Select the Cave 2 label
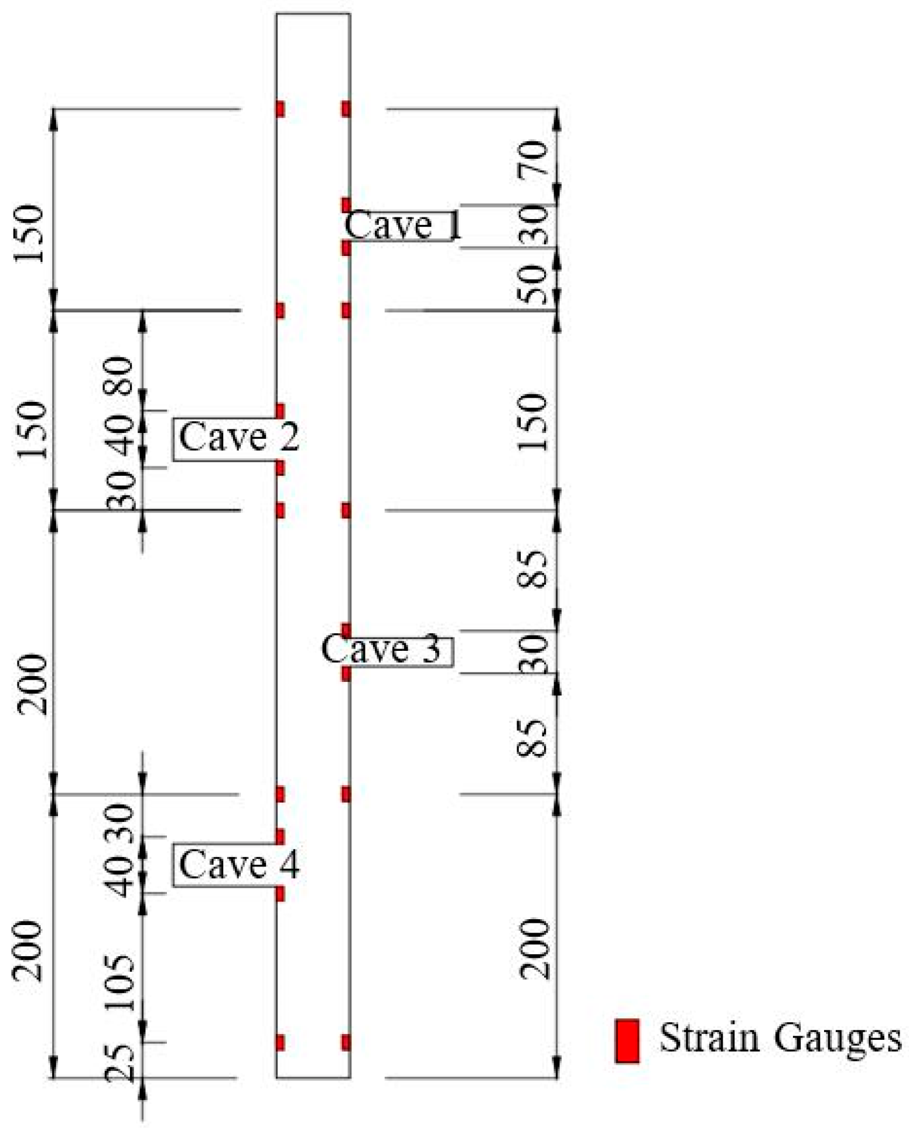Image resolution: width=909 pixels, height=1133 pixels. click(238, 437)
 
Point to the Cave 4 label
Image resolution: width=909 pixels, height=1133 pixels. click(238, 864)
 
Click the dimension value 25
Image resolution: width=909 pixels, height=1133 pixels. click(120, 1063)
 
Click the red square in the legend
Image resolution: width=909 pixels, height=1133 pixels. click(627, 1040)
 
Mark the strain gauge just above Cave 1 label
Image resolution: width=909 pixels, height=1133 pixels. click(346, 205)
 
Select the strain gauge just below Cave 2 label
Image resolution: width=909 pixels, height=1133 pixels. click(280, 467)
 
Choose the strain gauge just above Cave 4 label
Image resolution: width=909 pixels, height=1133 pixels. click(280, 837)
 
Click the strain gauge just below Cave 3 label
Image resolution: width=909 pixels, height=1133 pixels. click(346, 674)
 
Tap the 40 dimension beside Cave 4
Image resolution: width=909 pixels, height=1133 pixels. click(120, 876)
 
